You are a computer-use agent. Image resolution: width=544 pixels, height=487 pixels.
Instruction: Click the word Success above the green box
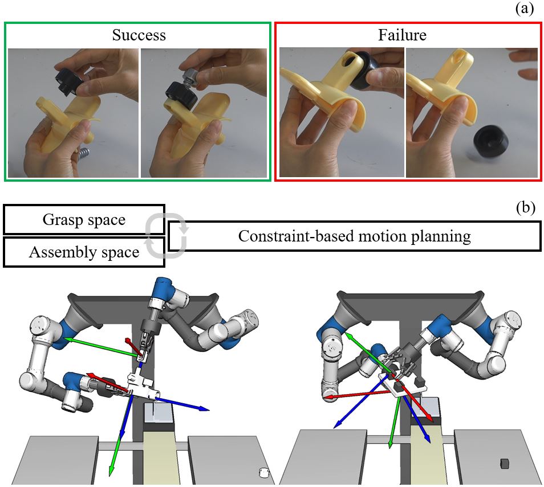[x=139, y=35]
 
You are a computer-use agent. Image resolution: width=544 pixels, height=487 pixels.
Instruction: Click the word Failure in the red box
[x=402, y=35]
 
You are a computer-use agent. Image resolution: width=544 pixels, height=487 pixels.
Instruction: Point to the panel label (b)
[x=525, y=208]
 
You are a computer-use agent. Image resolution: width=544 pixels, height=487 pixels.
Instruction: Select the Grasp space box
[x=84, y=220]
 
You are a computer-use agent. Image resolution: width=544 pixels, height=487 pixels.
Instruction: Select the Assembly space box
[x=84, y=252]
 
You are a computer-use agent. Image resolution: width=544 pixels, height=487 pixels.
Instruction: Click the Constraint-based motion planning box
[x=354, y=236]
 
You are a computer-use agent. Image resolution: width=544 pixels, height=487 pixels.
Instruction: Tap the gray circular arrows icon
[x=166, y=236]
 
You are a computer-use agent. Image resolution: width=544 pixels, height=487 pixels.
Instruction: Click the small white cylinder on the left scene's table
[x=263, y=472]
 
